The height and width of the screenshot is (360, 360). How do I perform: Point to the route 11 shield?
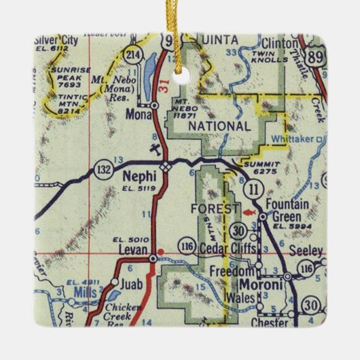pyautogui.click(x=255, y=187)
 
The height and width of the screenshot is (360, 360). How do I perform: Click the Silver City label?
pyautogui.click(x=56, y=42)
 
